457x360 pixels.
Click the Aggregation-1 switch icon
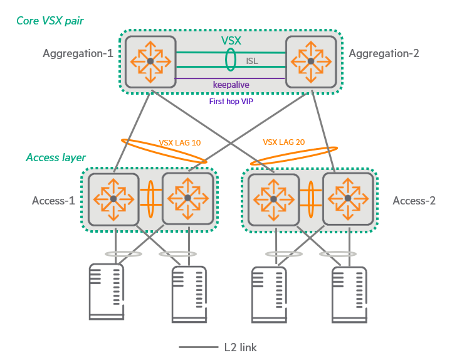[x=150, y=61]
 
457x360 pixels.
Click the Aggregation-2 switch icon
[x=310, y=61]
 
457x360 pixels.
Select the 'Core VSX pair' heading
[x=50, y=21]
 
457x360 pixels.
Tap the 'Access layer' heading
[x=56, y=157]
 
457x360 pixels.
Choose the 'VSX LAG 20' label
[x=284, y=142]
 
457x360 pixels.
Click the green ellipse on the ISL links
[x=230, y=61]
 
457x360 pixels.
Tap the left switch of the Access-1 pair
[x=114, y=198]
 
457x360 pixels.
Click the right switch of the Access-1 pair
[x=187, y=198]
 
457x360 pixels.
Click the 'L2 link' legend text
[x=240, y=347]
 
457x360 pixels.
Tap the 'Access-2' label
[x=414, y=201]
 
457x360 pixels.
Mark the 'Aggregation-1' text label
[x=78, y=53]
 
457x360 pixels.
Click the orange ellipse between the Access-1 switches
[x=150, y=199]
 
